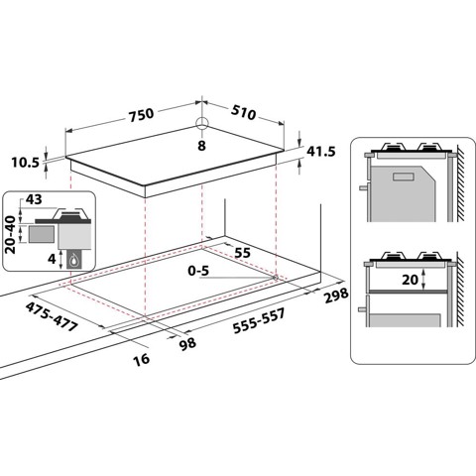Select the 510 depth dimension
tap(242, 114)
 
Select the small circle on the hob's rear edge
tap(201, 123)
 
